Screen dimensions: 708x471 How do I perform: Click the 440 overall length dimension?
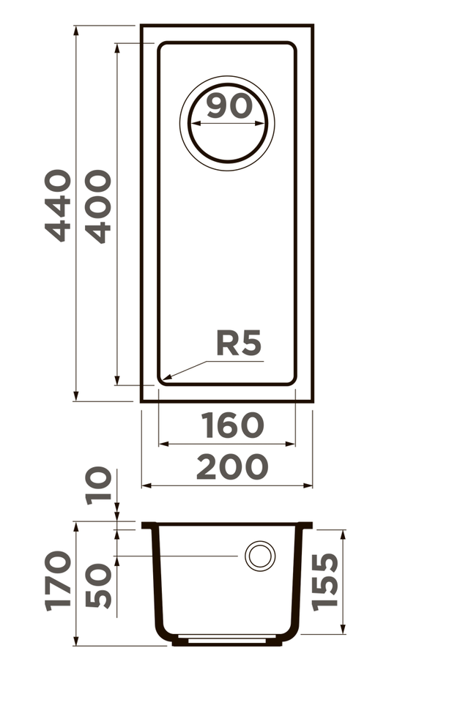click(x=59, y=206)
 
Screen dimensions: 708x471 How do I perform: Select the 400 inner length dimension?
click(x=98, y=206)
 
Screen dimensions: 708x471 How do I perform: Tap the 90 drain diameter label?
click(x=229, y=106)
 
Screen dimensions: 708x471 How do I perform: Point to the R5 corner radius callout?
click(x=239, y=343)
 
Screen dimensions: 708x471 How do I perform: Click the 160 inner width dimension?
click(x=232, y=425)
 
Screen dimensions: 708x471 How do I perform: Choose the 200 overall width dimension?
click(x=232, y=467)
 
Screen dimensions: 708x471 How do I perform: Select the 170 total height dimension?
click(x=59, y=581)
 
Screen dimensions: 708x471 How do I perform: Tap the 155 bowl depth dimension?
click(x=324, y=581)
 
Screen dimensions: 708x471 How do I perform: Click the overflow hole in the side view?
click(x=260, y=556)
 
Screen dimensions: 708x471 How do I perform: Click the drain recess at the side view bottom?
click(x=228, y=639)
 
